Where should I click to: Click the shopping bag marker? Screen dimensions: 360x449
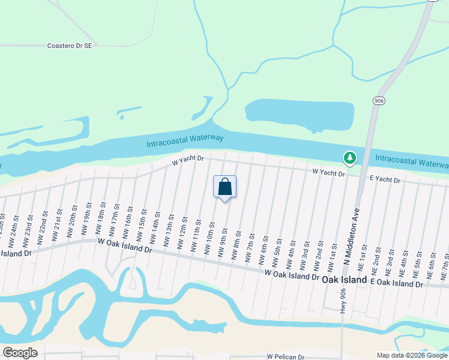[225, 187]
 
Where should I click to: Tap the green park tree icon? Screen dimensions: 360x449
[349, 158]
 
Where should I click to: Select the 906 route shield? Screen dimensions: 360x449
[378, 100]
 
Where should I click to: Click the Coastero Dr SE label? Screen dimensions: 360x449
[70, 45]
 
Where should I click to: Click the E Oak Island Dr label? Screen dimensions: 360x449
[397, 282]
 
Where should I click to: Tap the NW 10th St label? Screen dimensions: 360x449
[211, 236]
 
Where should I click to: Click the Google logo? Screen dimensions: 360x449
[19, 353]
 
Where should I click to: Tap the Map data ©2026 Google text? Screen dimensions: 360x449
[411, 355]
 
